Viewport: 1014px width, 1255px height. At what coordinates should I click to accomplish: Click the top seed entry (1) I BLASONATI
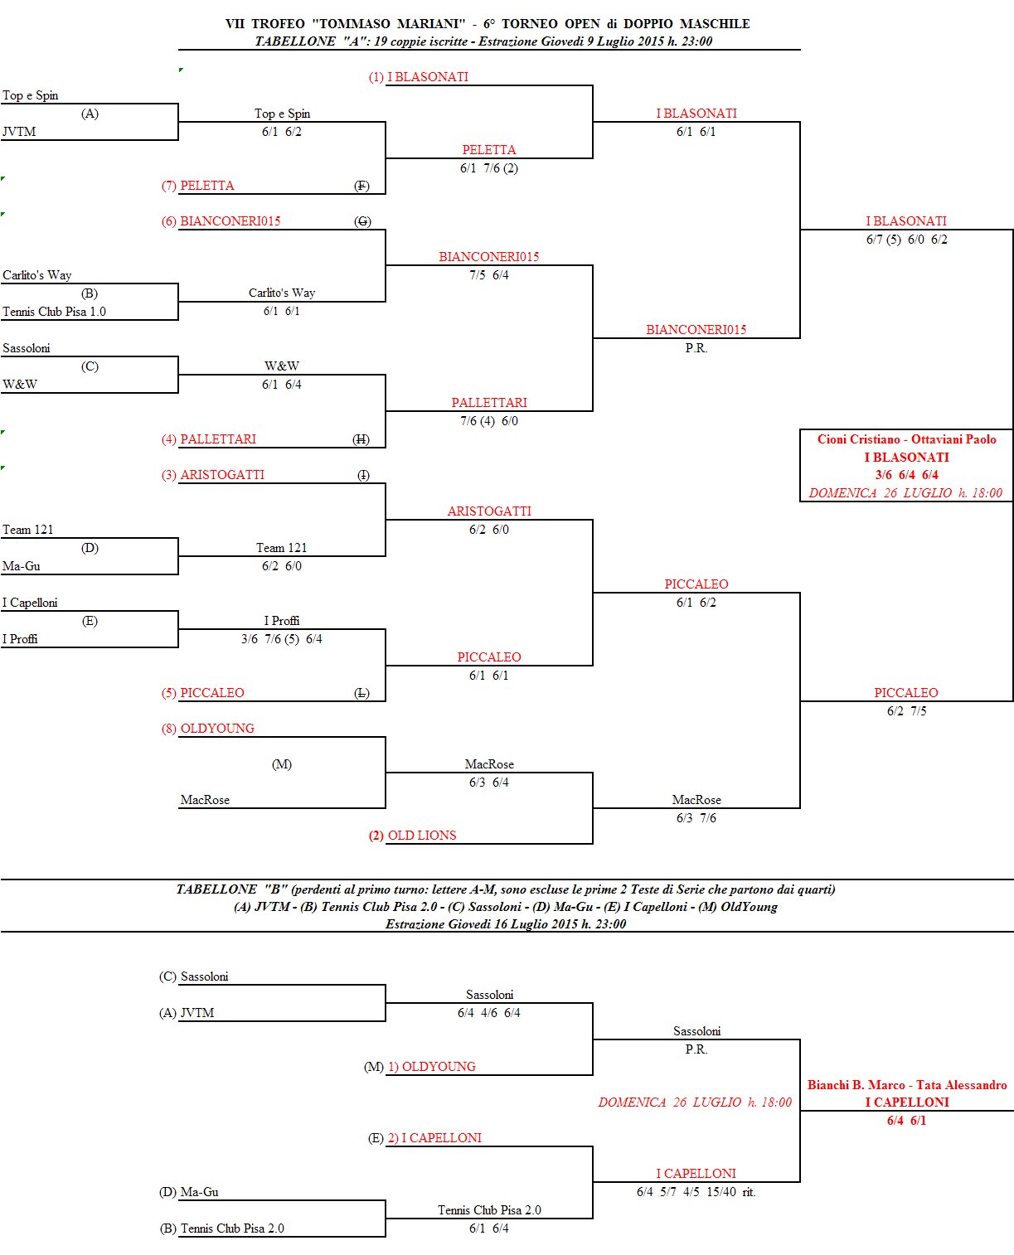[x=419, y=77]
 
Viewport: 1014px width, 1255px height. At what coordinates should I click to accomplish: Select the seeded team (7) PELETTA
[x=198, y=186]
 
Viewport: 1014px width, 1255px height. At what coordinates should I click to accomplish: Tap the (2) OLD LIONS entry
[x=412, y=836]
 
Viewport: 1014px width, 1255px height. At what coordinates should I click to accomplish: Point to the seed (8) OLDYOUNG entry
[x=207, y=729]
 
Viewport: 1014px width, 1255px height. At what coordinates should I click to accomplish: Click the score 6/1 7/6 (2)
[x=489, y=168]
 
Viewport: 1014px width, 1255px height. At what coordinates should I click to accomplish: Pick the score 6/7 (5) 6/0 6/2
[x=906, y=240]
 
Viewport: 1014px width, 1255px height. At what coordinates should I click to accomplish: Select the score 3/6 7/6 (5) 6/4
[x=282, y=639]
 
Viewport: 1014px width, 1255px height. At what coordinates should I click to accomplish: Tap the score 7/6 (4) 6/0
[x=489, y=421]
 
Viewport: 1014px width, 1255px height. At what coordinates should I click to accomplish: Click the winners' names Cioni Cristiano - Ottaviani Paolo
[x=906, y=439]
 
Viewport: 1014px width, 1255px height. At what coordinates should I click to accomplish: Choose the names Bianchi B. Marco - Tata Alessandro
[x=907, y=1085]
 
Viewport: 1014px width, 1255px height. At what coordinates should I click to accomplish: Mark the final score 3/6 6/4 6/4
[x=906, y=475]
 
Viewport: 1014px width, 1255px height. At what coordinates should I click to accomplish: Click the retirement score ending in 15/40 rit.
[x=696, y=1192]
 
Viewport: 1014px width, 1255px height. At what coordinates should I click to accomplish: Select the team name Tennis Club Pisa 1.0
[x=54, y=312]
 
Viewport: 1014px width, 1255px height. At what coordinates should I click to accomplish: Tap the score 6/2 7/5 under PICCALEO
[x=906, y=711]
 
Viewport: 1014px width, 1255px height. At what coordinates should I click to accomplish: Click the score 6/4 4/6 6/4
[x=489, y=1013]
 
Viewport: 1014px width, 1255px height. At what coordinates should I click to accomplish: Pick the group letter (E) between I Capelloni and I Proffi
[x=90, y=621]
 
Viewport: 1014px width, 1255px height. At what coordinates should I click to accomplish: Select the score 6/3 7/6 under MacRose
[x=696, y=818]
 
